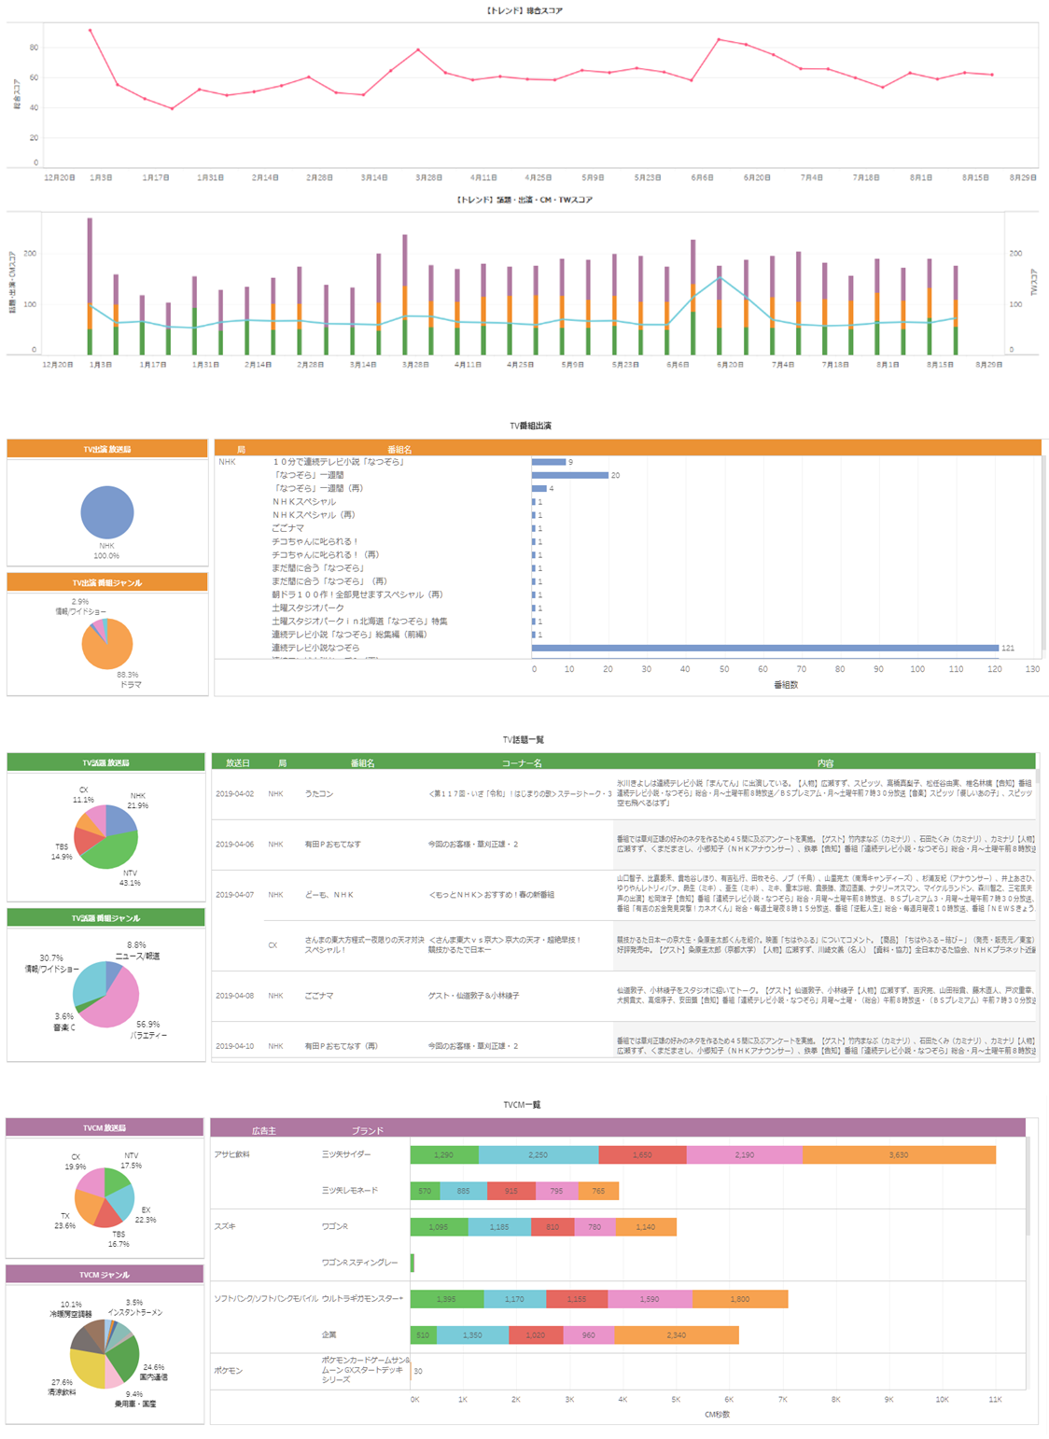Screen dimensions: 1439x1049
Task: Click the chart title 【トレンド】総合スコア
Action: [524, 11]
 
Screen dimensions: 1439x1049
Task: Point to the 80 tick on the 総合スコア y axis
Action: [34, 48]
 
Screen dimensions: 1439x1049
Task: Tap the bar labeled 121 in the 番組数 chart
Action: [765, 648]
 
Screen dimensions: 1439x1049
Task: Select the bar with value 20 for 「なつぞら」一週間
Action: [570, 475]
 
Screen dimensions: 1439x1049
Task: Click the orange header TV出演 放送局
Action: [106, 449]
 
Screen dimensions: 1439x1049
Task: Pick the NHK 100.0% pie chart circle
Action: [106, 512]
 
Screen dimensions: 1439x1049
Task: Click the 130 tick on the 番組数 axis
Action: [1032, 669]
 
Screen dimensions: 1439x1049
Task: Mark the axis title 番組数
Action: [786, 684]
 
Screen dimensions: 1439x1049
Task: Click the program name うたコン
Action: [319, 794]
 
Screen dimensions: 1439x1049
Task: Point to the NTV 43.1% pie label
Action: [130, 878]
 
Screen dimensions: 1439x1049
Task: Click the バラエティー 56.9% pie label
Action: [147, 1029]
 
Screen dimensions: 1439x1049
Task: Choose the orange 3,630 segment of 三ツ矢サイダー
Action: [899, 1155]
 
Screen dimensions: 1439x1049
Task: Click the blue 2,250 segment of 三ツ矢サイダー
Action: [538, 1155]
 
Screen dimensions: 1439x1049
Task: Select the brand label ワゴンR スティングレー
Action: [359, 1263]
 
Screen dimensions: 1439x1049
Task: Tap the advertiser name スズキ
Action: [226, 1226]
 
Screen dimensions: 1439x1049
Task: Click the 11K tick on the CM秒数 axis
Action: [995, 1400]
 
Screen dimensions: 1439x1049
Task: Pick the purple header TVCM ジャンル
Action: [105, 1275]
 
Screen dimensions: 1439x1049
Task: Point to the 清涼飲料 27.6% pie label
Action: [62, 1387]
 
